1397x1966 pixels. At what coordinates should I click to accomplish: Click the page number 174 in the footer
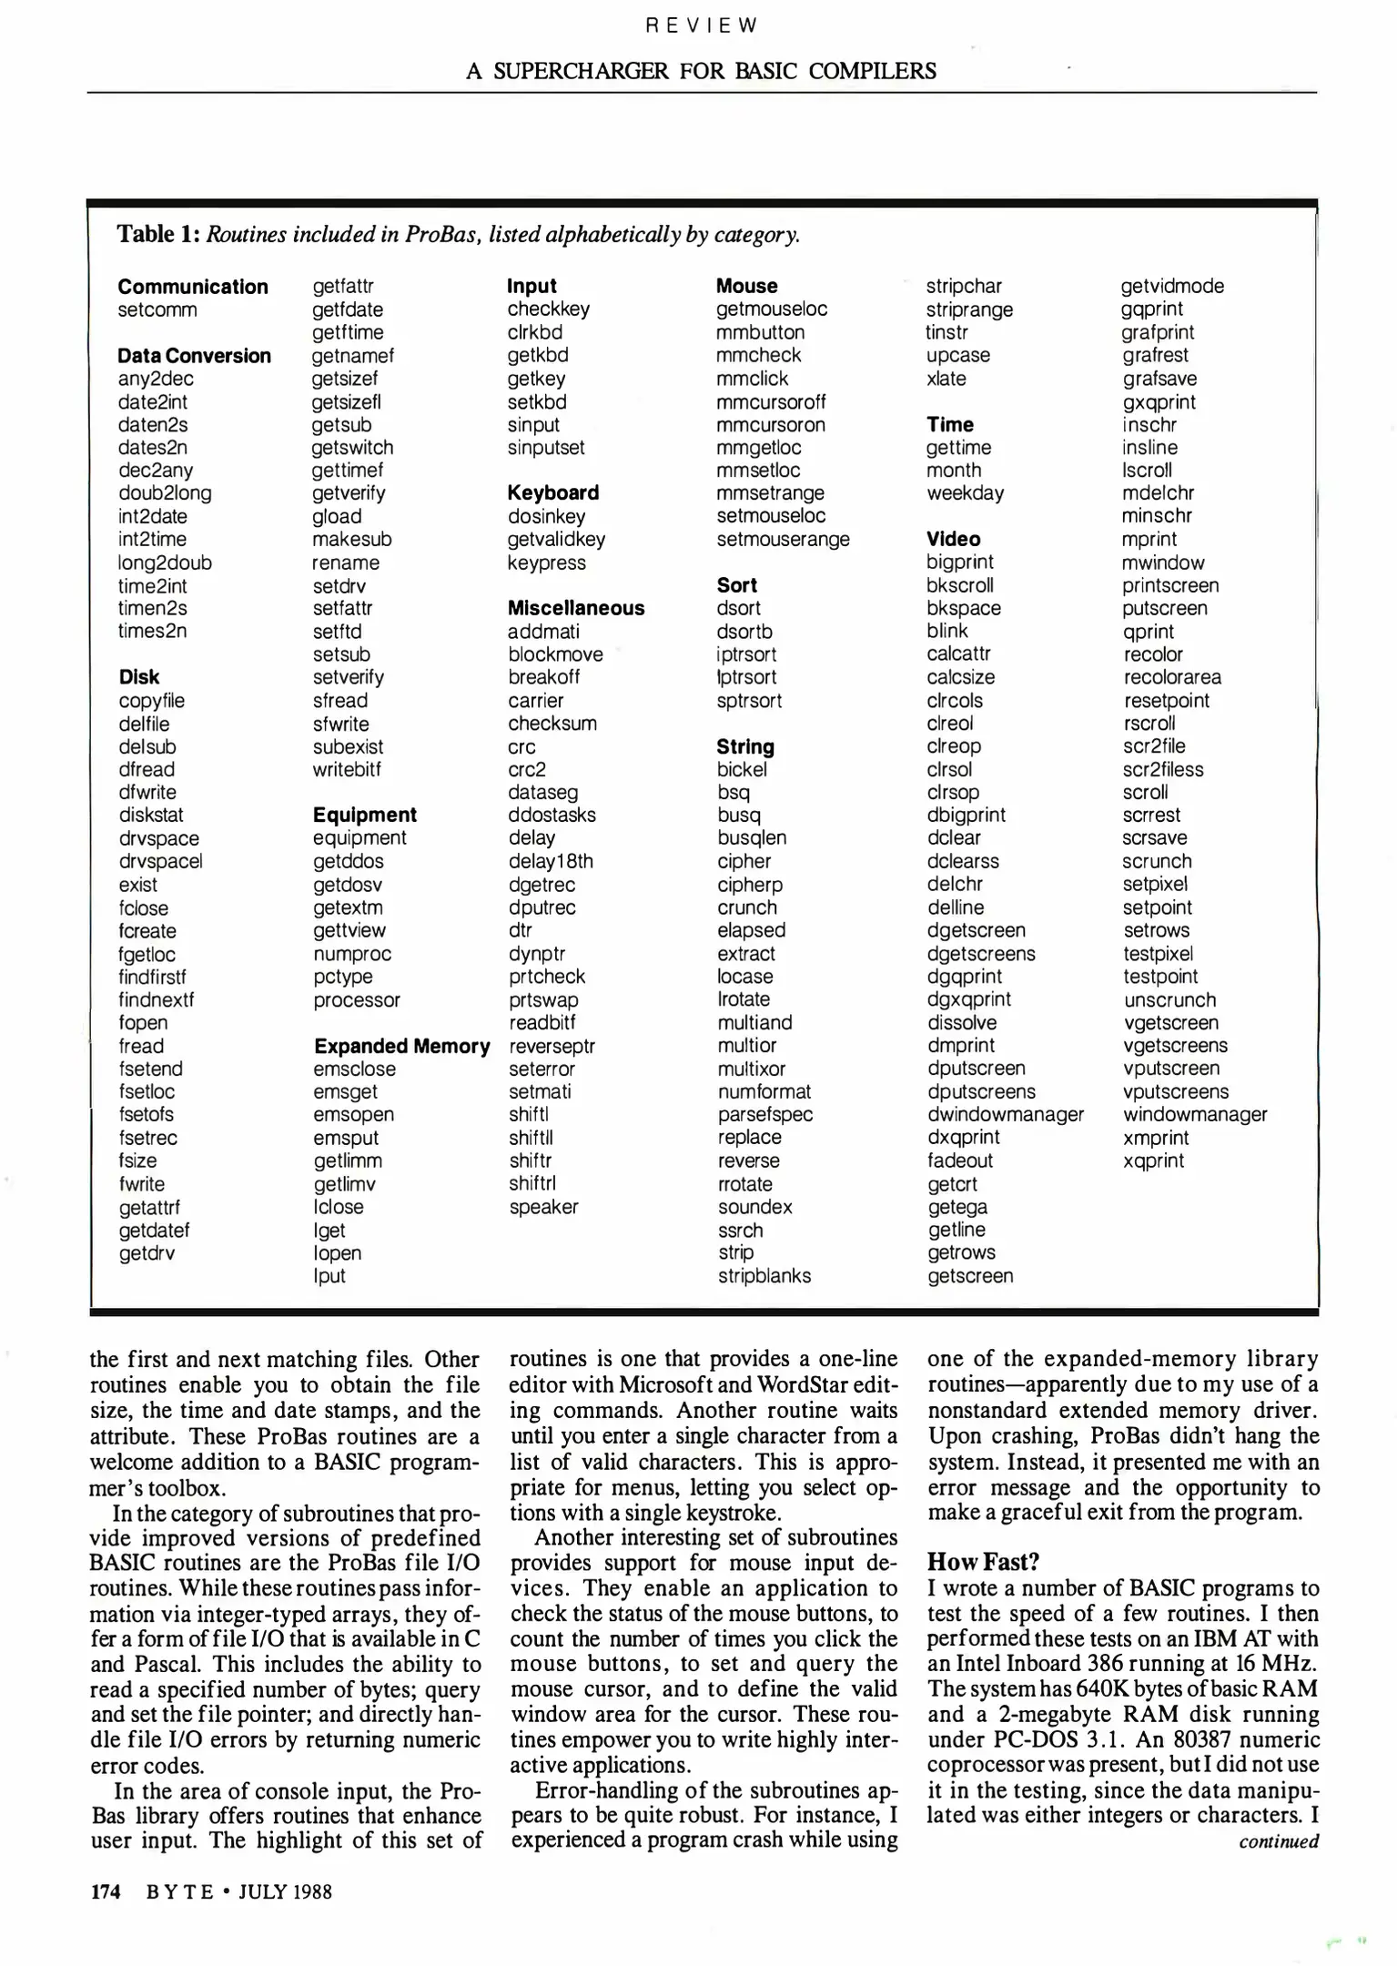(106, 1891)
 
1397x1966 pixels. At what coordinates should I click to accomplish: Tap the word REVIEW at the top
(701, 25)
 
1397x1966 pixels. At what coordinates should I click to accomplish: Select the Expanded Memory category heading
(401, 1046)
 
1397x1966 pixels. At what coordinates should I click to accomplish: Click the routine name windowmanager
(1194, 1114)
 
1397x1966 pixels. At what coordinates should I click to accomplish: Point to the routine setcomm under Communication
(157, 309)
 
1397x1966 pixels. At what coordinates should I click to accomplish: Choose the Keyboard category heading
(552, 492)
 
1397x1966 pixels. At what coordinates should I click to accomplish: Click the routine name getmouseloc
(771, 309)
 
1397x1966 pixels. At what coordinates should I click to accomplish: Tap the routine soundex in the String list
(754, 1207)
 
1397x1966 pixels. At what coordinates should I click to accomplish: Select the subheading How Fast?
(982, 1562)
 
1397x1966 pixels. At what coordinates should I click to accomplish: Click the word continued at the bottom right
(1278, 1841)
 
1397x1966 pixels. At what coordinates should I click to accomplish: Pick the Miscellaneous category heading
(575, 608)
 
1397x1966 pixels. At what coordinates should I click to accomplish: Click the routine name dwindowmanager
(1005, 1114)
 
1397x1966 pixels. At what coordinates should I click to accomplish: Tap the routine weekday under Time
(964, 492)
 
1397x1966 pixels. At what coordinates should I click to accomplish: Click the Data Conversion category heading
(194, 356)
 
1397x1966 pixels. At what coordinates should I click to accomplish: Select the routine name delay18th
(550, 861)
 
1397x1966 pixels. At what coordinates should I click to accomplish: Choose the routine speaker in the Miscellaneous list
(542, 1207)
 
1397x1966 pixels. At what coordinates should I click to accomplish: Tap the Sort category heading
(735, 585)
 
